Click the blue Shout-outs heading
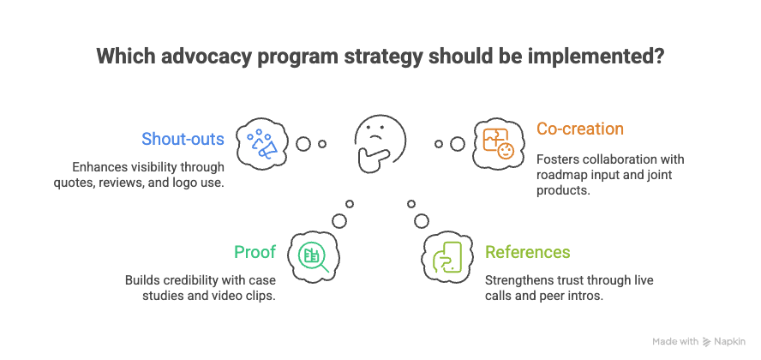pyautogui.click(x=183, y=139)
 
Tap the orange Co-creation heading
pyautogui.click(x=579, y=129)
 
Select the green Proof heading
pyautogui.click(x=255, y=252)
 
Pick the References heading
pyautogui.click(x=527, y=252)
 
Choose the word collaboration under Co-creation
pyautogui.click(x=619, y=159)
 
